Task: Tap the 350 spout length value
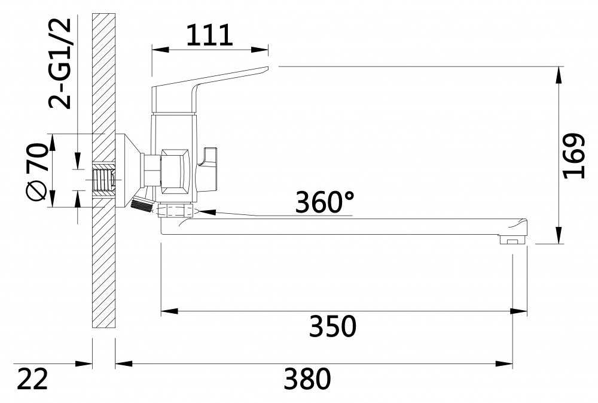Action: pyautogui.click(x=332, y=326)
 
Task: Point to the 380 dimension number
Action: pyautogui.click(x=307, y=379)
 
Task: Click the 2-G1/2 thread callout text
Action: pyautogui.click(x=60, y=63)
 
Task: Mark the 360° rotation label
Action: pyautogui.click(x=324, y=203)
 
